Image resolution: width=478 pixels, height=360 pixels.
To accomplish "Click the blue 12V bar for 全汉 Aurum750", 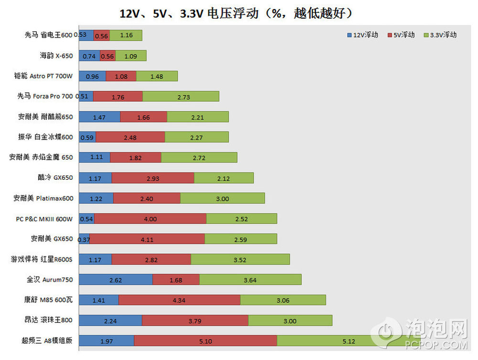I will pyautogui.click(x=115, y=280).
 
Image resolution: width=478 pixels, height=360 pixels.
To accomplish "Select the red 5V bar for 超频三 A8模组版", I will pyautogui.click(x=205, y=341).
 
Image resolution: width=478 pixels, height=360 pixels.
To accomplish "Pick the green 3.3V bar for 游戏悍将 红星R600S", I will pyautogui.click(x=240, y=259).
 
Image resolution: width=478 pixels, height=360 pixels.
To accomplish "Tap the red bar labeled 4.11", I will pyautogui.click(x=147, y=239).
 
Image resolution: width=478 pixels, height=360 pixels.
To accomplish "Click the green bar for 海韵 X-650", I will pyautogui.click(x=130, y=56).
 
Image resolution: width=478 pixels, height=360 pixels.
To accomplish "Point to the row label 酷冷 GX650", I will pyautogui.click(x=56, y=178).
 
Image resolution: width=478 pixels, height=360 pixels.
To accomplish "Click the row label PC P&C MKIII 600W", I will pyautogui.click(x=44, y=219).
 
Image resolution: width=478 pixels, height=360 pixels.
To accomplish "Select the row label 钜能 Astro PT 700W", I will pyautogui.click(x=44, y=76).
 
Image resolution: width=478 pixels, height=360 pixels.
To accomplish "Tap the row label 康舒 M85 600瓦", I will pyautogui.click(x=49, y=300).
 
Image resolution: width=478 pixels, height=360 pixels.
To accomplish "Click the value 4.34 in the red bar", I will pyautogui.click(x=179, y=300).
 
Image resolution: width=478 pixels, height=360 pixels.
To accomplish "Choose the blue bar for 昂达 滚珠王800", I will pyautogui.click(x=110, y=320).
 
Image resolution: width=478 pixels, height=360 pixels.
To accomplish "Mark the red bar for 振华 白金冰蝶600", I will pyautogui.click(x=130, y=137).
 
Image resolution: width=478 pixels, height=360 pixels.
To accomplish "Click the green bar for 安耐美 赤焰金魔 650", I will pyautogui.click(x=199, y=157).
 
